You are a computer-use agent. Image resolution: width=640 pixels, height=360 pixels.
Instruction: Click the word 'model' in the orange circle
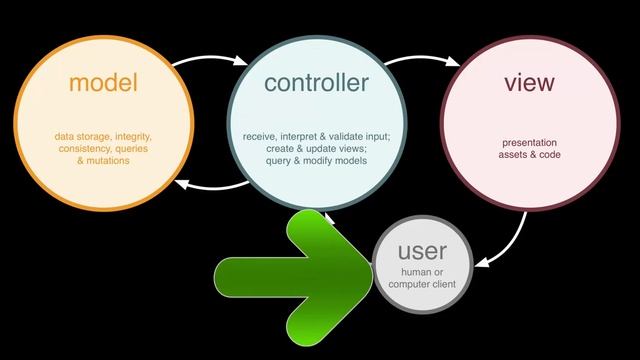[x=102, y=83]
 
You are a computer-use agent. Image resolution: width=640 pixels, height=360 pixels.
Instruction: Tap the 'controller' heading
[x=316, y=83]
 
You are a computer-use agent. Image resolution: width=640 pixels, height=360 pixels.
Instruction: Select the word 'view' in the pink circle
[x=528, y=83]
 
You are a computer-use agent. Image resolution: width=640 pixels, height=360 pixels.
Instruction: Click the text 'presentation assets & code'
[x=528, y=149]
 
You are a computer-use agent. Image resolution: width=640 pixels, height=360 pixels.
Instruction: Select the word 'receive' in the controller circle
[x=262, y=136]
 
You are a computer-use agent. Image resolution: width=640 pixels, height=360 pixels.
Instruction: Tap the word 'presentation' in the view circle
[x=528, y=143]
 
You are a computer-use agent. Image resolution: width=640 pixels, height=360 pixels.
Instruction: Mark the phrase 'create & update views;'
[x=316, y=148]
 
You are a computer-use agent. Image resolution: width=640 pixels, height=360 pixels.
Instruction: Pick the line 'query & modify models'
[x=316, y=160]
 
